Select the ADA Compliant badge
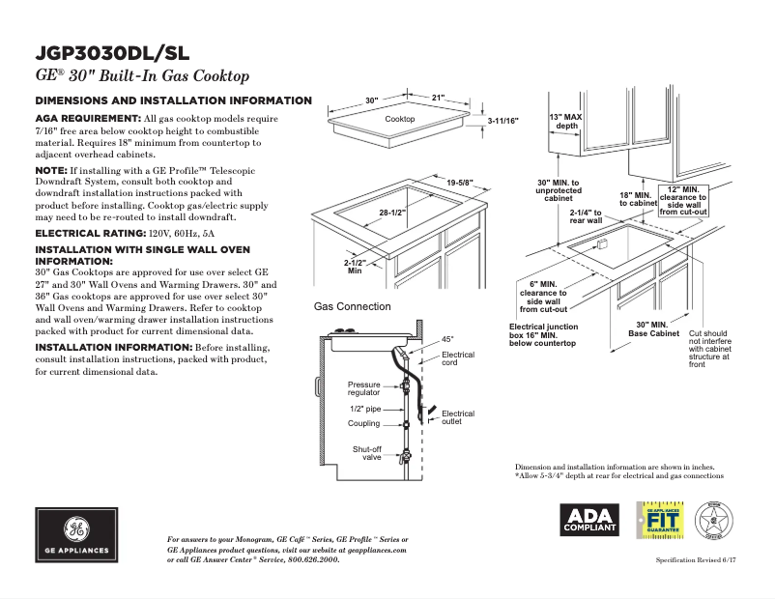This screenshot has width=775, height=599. click(590, 520)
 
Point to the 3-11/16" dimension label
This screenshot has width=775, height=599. click(502, 121)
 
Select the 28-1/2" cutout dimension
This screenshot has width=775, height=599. click(391, 213)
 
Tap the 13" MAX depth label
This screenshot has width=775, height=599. click(566, 121)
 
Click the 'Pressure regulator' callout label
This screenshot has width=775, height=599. click(364, 388)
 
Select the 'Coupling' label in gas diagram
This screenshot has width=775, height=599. click(364, 424)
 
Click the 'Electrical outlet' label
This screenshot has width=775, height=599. click(458, 417)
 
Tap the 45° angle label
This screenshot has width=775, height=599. click(447, 340)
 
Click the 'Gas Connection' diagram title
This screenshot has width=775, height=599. click(353, 306)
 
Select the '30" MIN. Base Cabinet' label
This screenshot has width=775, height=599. click(653, 328)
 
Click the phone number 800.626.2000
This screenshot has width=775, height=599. click(308, 559)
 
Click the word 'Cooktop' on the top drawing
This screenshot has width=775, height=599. click(400, 119)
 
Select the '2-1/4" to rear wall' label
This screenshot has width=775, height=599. click(586, 216)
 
